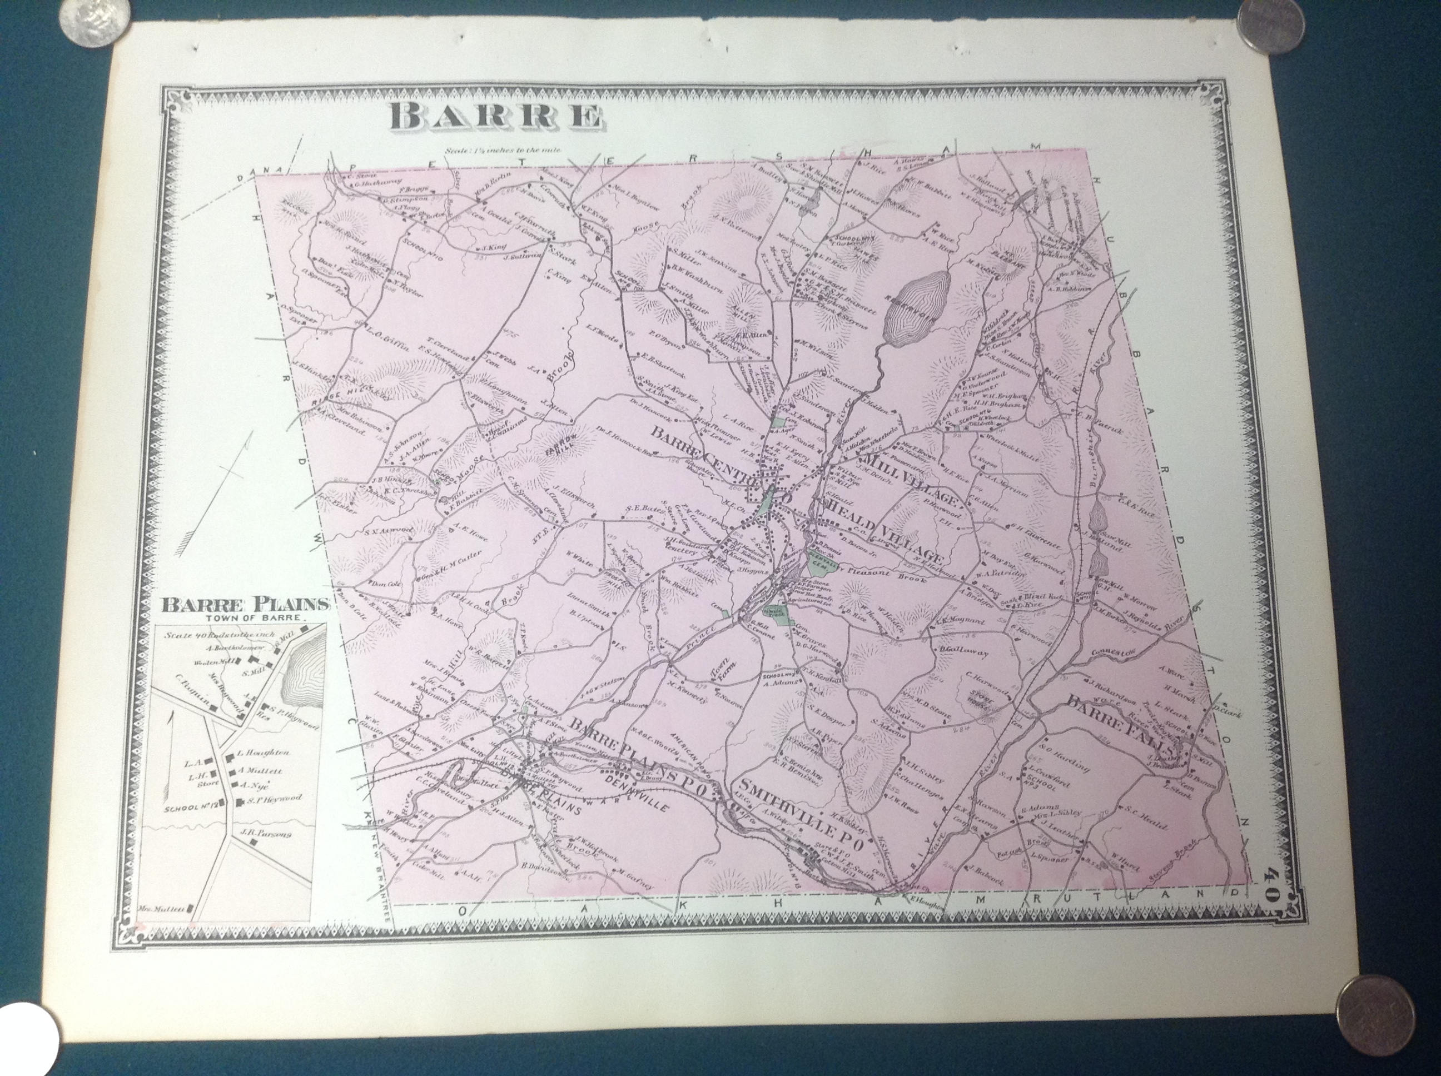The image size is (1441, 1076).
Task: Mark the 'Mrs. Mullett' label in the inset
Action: pyautogui.click(x=160, y=908)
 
